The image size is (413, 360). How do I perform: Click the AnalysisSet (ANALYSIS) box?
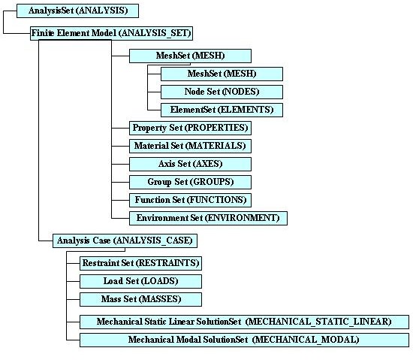(x=77, y=11)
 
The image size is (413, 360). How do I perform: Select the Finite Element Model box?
(x=111, y=33)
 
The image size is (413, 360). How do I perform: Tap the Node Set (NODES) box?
(x=222, y=92)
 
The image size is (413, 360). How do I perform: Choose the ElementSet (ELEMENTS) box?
(x=222, y=110)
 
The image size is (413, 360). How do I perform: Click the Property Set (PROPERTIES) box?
(x=190, y=128)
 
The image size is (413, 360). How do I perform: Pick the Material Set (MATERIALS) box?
(x=190, y=146)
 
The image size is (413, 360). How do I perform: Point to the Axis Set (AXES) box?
(x=190, y=164)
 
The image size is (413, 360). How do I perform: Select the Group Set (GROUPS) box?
(x=190, y=182)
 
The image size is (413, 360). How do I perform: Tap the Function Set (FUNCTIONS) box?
(x=190, y=200)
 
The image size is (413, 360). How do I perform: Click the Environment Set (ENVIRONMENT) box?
(x=208, y=218)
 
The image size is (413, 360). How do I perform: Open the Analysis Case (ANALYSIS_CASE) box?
(x=125, y=241)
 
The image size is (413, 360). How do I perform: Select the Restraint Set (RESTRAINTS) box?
(x=140, y=263)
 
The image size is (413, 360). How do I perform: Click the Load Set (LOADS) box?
(x=140, y=281)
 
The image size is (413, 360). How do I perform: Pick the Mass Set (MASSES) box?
(x=140, y=299)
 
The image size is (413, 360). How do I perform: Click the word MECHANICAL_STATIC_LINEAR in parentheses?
(x=319, y=322)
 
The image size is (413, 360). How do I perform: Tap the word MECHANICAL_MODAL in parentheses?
(x=306, y=340)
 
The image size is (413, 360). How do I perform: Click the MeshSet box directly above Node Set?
(x=222, y=74)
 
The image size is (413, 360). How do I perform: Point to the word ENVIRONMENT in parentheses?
(x=243, y=218)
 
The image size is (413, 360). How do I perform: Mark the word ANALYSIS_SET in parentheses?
(x=155, y=33)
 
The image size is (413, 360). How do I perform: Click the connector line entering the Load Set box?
(x=74, y=281)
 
